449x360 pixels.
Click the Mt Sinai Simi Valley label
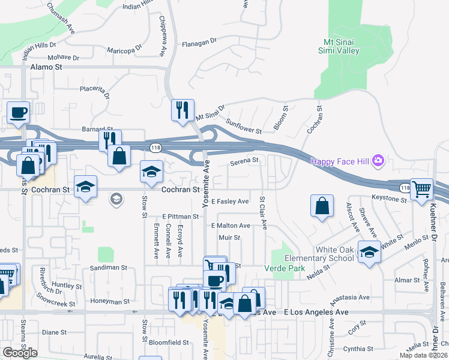coord(342,46)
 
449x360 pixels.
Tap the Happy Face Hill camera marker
coord(378,160)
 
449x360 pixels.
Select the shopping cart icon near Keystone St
coord(422,190)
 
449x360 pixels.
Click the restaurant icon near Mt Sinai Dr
coord(182,110)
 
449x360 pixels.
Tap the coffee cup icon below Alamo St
coord(19,112)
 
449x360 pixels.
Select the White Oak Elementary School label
coord(328,254)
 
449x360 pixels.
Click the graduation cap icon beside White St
coord(369,251)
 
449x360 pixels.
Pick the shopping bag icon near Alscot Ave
coord(322,206)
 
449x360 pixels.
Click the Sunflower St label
coord(244,126)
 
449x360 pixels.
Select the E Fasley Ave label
coord(229,201)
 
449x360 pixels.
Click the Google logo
coord(20,352)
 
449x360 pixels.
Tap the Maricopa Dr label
coord(124,50)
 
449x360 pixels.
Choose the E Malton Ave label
coord(231,226)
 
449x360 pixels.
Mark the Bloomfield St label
coord(169,343)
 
